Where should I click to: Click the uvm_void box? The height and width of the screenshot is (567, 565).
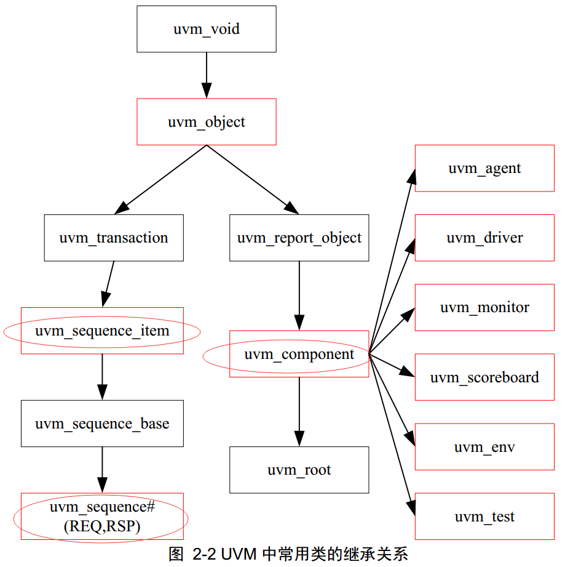click(206, 29)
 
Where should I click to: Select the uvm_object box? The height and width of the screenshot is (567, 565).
click(206, 122)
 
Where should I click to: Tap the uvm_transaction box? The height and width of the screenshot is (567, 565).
click(114, 238)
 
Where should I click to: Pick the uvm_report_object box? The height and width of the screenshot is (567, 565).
click(299, 238)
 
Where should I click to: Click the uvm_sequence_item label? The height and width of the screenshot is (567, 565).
click(102, 331)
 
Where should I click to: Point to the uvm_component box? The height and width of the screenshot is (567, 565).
click(299, 354)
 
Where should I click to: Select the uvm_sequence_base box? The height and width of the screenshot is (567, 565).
click(102, 424)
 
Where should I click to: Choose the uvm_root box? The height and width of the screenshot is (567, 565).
click(299, 470)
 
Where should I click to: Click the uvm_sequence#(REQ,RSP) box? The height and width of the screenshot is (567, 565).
click(102, 517)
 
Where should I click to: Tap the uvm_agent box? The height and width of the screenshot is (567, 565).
click(484, 168)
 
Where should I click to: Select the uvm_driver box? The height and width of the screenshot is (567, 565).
click(484, 238)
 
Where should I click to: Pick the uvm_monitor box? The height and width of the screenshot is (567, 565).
click(484, 307)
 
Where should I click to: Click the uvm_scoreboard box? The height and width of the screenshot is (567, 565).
click(484, 377)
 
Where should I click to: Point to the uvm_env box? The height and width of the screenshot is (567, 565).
click(484, 447)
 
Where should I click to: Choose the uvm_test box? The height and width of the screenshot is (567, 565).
click(484, 517)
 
